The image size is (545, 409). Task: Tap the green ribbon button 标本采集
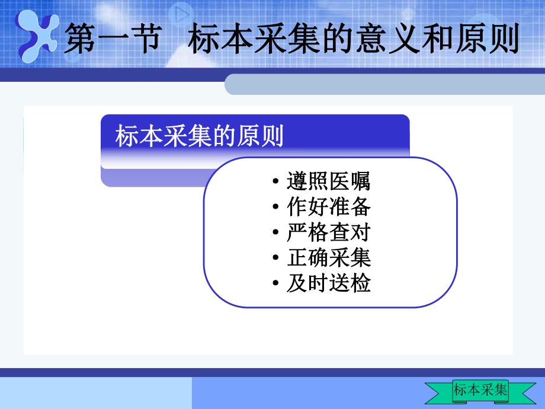tap(480, 390)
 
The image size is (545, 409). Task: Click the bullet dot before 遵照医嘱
tap(277, 181)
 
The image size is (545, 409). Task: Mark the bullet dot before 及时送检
tap(277, 285)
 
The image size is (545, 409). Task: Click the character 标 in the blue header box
tap(126, 136)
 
